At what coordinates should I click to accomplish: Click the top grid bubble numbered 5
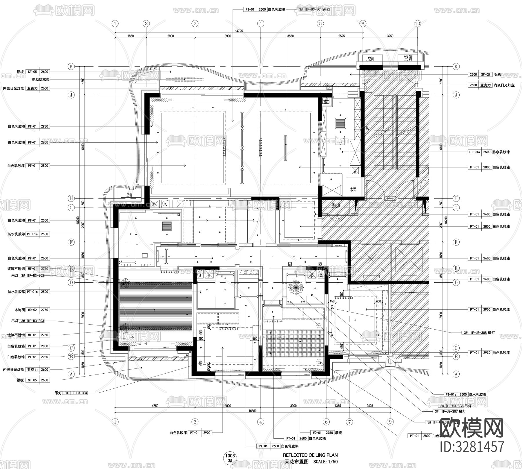(320, 23)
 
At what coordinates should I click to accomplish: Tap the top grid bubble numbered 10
(417, 23)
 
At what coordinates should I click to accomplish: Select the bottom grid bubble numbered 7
(350, 422)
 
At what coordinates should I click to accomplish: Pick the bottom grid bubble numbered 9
(390, 422)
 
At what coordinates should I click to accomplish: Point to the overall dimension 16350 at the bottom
(253, 411)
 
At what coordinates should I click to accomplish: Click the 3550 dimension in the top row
(290, 36)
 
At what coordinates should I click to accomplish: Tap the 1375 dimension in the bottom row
(338, 406)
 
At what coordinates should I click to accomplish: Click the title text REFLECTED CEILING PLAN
(310, 455)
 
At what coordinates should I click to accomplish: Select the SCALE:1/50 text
(325, 462)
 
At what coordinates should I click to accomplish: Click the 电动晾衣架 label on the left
(41, 79)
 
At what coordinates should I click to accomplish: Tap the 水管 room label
(353, 189)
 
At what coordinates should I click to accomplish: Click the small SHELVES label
(338, 245)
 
